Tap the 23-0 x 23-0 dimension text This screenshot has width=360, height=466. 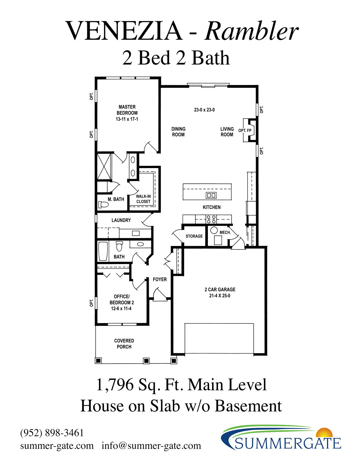(x=204, y=110)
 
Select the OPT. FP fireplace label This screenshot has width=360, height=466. (x=245, y=131)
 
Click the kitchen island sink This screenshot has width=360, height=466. (x=211, y=195)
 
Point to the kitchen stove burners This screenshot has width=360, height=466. (x=211, y=219)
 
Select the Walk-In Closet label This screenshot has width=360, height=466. (x=143, y=199)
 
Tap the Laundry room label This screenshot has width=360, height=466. (x=121, y=220)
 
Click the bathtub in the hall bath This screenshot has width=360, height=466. (x=103, y=251)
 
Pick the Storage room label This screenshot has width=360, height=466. (x=194, y=236)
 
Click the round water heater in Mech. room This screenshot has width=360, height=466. (x=214, y=230)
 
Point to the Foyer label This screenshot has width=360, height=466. (x=160, y=279)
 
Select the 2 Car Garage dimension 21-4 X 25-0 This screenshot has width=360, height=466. (x=220, y=296)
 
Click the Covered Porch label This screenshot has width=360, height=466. (x=124, y=344)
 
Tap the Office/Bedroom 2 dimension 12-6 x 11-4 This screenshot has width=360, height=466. (x=121, y=308)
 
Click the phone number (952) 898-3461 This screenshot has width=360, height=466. (x=52, y=433)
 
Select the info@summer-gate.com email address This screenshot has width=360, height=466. (x=151, y=446)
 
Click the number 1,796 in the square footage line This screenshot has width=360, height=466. (x=115, y=385)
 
